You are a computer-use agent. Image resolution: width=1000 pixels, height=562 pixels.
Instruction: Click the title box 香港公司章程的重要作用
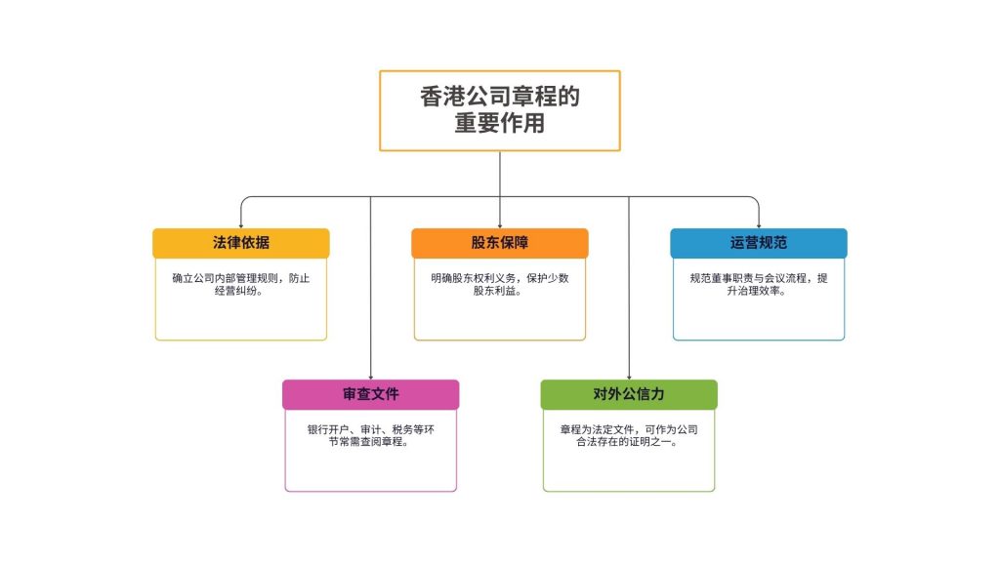pyautogui.click(x=499, y=110)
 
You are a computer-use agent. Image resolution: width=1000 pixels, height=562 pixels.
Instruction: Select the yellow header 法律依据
pyautogui.click(x=241, y=243)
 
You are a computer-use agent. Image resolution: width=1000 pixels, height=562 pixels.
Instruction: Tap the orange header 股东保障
pyautogui.click(x=499, y=243)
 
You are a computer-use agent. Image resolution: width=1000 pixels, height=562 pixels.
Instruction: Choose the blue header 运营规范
pyautogui.click(x=758, y=243)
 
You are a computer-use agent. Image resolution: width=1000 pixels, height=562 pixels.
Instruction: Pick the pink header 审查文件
pyautogui.click(x=370, y=394)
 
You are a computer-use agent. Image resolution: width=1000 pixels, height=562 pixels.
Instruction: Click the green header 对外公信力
pyautogui.click(x=628, y=394)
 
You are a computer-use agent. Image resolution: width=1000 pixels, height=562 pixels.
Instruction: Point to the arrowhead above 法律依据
pyautogui.click(x=241, y=224)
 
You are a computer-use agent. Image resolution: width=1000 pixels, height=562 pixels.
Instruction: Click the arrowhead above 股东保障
pyautogui.click(x=499, y=224)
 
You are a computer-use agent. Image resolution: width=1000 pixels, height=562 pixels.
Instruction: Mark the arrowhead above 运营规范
pyautogui.click(x=758, y=224)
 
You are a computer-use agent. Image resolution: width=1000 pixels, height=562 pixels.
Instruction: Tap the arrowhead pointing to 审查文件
pyautogui.click(x=370, y=376)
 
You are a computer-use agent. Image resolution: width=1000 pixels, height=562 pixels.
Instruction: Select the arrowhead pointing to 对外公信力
pyautogui.click(x=628, y=376)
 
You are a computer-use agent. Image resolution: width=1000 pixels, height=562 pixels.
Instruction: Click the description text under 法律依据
pyautogui.click(x=241, y=284)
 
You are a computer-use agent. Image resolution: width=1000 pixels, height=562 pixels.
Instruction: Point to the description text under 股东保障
pyautogui.click(x=499, y=284)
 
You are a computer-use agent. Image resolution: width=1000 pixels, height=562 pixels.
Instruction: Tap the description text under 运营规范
pyautogui.click(x=758, y=284)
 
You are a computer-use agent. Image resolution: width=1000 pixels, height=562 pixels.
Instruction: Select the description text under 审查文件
pyautogui.click(x=370, y=435)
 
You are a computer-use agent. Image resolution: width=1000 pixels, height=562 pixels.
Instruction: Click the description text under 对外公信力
pyautogui.click(x=628, y=435)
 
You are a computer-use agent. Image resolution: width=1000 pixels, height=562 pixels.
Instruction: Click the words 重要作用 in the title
pyautogui.click(x=499, y=125)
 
